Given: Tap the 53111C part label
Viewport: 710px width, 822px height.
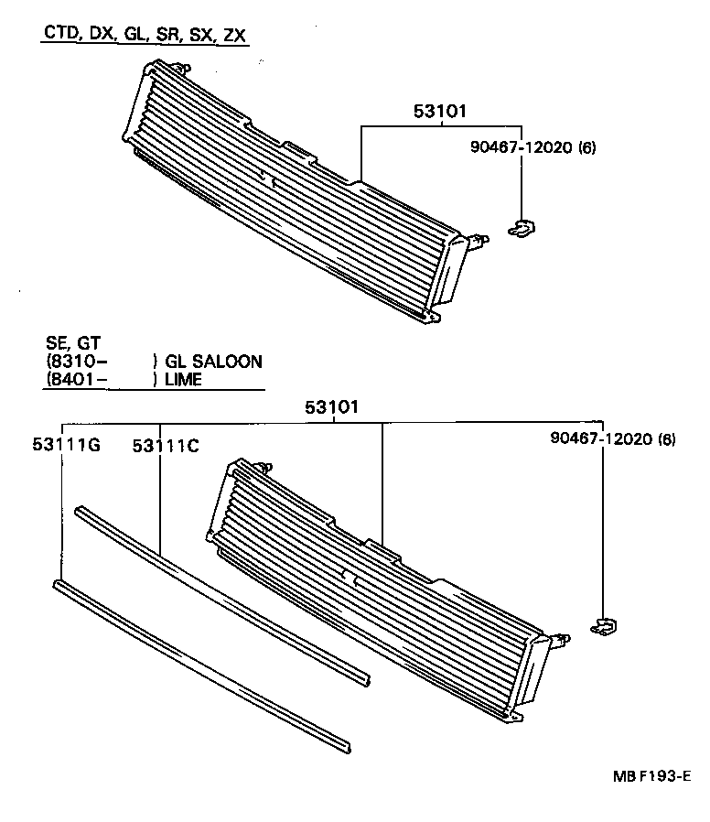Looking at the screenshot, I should pyautogui.click(x=166, y=445).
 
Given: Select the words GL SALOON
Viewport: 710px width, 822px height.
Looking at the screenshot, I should pyautogui.click(x=213, y=362).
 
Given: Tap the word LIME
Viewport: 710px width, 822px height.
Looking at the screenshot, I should pyautogui.click(x=183, y=379).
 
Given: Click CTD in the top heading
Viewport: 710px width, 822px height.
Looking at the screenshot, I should pyautogui.click(x=60, y=36).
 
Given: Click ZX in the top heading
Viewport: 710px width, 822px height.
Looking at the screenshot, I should pyautogui.click(x=236, y=36).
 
